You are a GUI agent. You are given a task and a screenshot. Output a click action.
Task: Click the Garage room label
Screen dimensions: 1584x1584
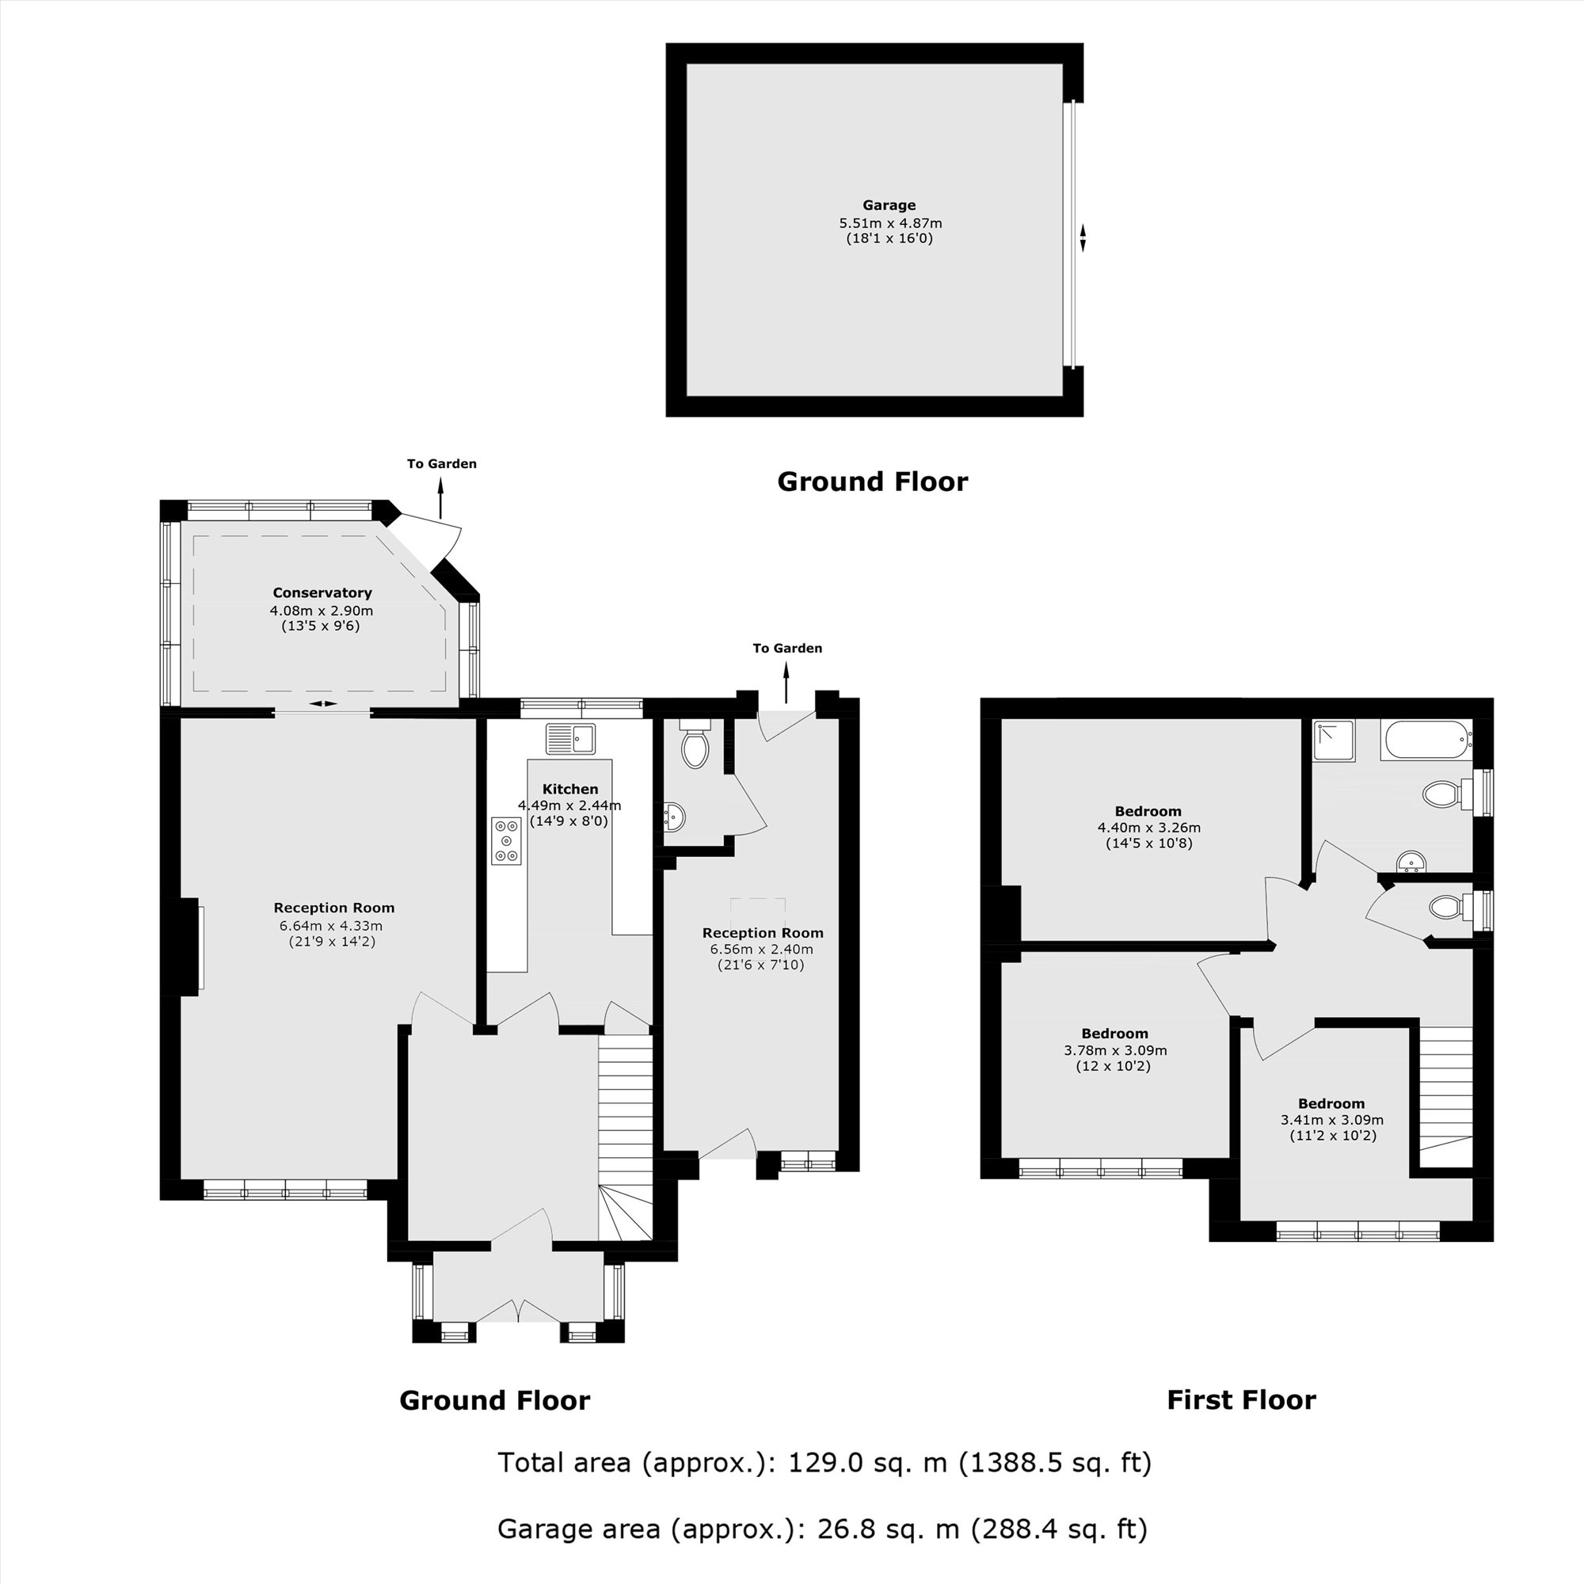click(889, 205)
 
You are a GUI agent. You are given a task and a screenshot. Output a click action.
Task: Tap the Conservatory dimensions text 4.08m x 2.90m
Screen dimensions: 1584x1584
click(322, 610)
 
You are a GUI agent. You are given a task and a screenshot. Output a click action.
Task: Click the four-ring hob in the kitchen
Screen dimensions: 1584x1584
click(506, 840)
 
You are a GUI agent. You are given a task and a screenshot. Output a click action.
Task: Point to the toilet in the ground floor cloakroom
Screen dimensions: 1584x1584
click(695, 744)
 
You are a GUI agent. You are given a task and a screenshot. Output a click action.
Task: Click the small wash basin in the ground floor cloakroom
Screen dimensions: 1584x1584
click(673, 817)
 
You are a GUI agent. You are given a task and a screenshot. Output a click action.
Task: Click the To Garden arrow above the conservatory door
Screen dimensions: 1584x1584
click(440, 497)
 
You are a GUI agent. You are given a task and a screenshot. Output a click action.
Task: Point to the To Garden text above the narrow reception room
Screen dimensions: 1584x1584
click(787, 648)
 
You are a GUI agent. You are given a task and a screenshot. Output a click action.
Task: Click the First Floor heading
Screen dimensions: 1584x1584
click(1240, 1399)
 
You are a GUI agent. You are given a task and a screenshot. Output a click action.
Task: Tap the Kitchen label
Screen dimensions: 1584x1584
click(569, 789)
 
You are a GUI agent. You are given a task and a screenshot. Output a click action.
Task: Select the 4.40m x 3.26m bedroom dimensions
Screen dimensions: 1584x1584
click(1148, 828)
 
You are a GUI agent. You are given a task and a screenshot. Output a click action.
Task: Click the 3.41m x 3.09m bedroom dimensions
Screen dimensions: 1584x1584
click(1331, 1119)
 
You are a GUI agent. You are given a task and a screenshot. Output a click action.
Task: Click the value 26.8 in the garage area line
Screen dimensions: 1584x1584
click(846, 1529)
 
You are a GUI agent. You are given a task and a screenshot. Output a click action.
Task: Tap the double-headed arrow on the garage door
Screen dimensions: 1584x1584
click(1082, 238)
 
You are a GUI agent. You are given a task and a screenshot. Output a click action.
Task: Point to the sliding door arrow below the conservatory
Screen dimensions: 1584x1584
click(323, 703)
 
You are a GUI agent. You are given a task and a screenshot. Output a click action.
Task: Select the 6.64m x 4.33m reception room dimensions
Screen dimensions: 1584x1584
click(331, 926)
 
